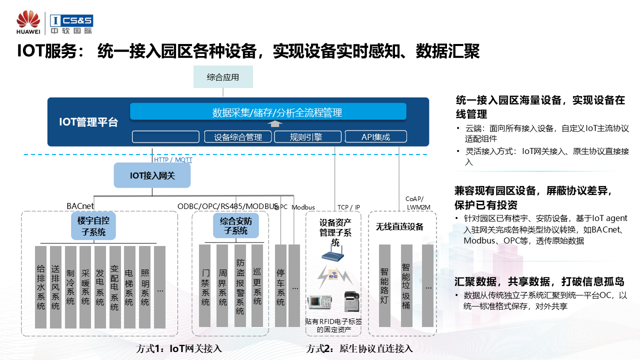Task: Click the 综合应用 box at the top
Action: point(223,77)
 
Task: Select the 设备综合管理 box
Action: point(238,137)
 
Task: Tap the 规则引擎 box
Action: point(306,137)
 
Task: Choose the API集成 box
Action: point(376,137)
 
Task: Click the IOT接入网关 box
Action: point(152,175)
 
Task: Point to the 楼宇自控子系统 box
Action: point(94,225)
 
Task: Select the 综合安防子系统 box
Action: point(236,225)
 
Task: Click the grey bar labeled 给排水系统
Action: point(41,287)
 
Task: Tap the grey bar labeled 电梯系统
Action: point(129,287)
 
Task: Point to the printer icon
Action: point(351,301)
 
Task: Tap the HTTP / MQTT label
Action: point(173,160)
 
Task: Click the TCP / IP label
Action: point(348,207)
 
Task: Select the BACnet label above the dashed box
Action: point(80,206)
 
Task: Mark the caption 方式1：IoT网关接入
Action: point(179,348)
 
